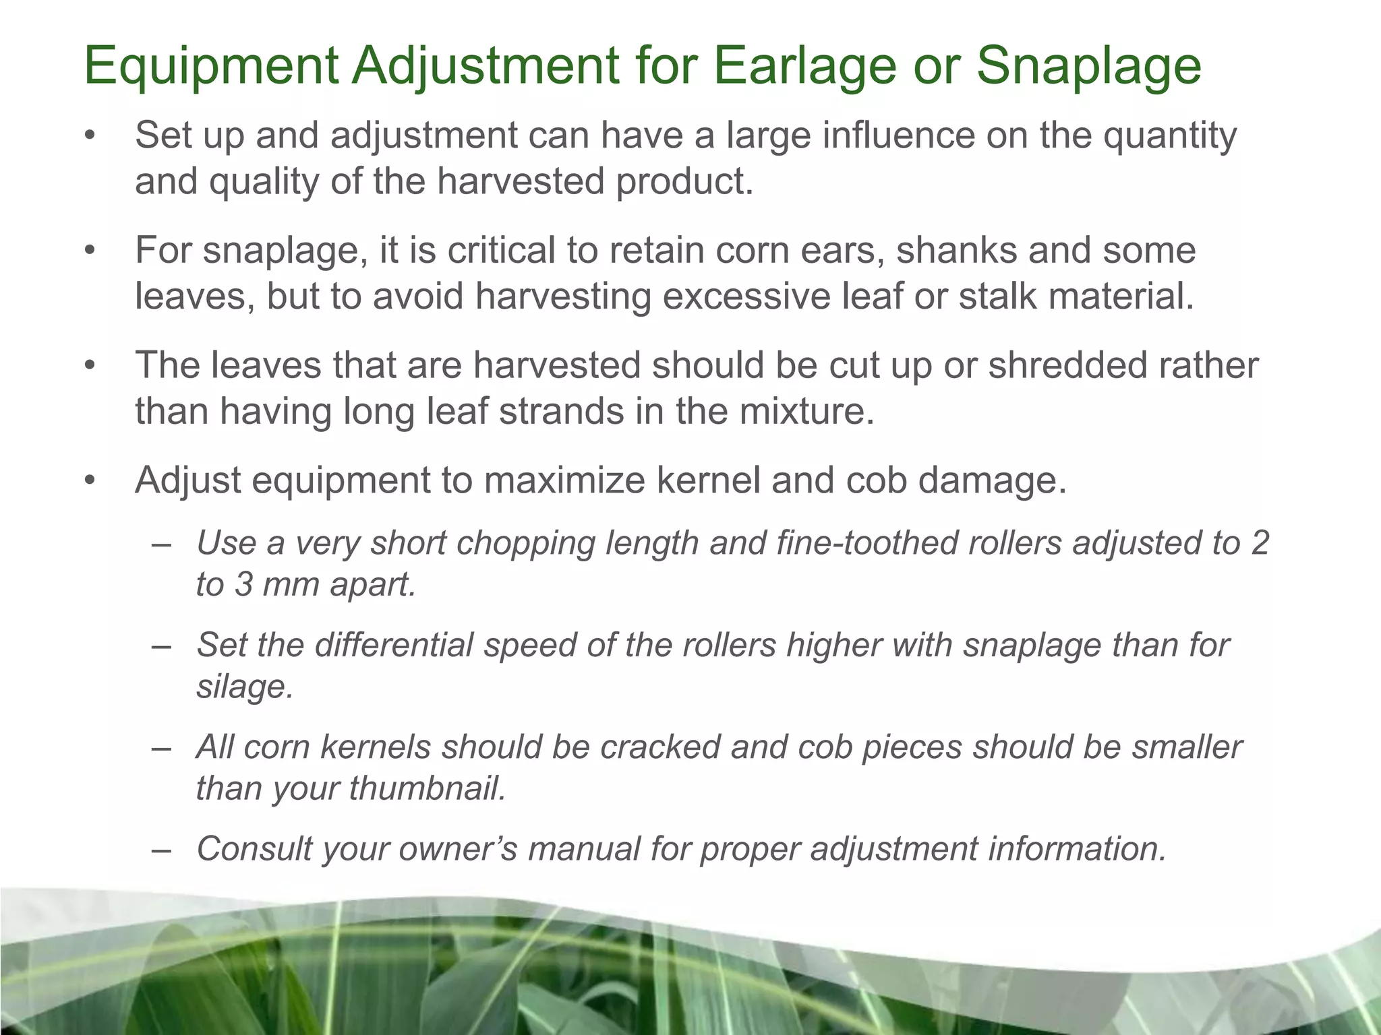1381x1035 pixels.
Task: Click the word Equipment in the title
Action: (210, 66)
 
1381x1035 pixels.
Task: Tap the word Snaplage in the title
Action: (1088, 66)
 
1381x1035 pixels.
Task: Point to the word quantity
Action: (1170, 137)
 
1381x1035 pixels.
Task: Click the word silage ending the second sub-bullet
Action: (245, 687)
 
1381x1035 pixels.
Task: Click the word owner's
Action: (459, 849)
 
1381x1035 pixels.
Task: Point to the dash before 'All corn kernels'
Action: (162, 748)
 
